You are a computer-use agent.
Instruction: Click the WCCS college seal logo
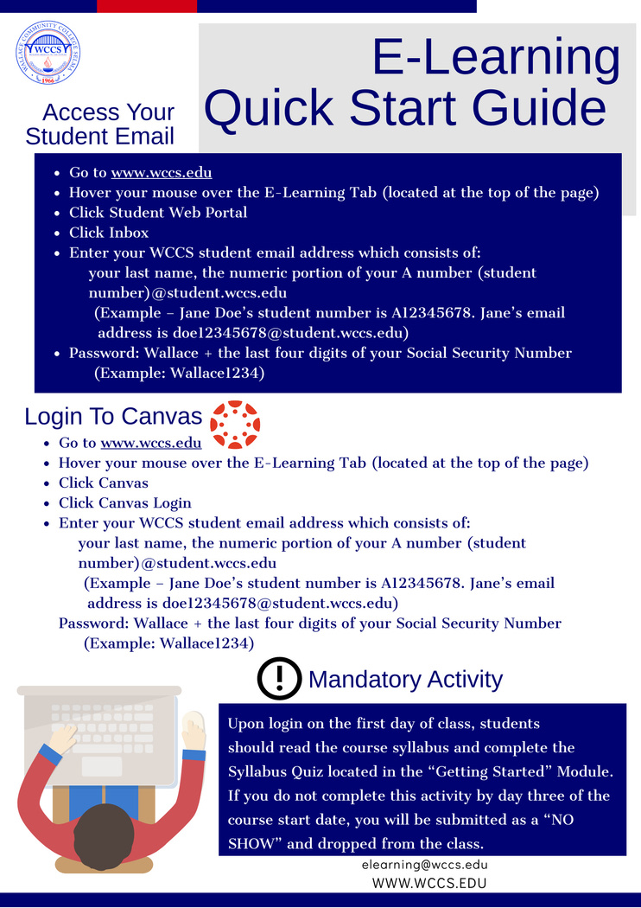pyautogui.click(x=48, y=53)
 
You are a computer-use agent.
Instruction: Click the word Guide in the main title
pyautogui.click(x=543, y=108)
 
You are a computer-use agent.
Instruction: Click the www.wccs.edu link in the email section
pyautogui.click(x=162, y=172)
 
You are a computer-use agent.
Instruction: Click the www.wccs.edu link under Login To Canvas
pyautogui.click(x=151, y=443)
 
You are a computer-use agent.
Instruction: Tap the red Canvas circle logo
pyautogui.click(x=235, y=425)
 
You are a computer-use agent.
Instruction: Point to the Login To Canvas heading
pyautogui.click(x=113, y=416)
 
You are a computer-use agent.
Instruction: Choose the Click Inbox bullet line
pyautogui.click(x=109, y=233)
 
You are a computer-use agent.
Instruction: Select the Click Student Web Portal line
pyautogui.click(x=158, y=213)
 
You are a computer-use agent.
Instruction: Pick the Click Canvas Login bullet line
pyautogui.click(x=125, y=503)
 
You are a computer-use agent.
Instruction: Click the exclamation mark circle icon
pyautogui.click(x=279, y=679)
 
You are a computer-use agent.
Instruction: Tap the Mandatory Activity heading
pyautogui.click(x=404, y=680)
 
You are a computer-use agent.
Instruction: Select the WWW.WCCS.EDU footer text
pyautogui.click(x=428, y=883)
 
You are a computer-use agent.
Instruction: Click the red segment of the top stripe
pyautogui.click(x=147, y=6)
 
